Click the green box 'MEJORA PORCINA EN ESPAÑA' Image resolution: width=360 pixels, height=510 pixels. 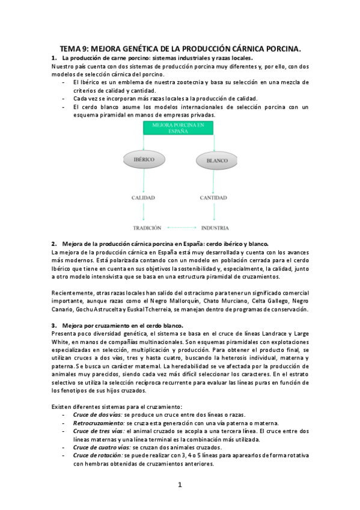[178, 127]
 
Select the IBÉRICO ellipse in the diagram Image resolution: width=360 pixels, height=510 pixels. [144, 160]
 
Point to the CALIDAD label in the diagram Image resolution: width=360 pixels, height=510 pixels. [144, 197]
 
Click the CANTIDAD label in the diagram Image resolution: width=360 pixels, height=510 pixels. [213, 197]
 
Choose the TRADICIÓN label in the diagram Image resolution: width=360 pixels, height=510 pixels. [147, 228]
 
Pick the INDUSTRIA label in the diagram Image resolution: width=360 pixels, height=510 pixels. [214, 228]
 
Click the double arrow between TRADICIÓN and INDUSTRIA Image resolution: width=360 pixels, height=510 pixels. [182, 228]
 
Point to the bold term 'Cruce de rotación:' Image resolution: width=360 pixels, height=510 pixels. [97, 455]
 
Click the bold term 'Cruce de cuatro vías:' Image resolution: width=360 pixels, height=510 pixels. [102, 447]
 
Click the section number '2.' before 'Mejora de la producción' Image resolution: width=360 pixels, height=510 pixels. [53, 244]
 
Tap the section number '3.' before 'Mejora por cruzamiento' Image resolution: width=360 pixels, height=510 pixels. [53, 325]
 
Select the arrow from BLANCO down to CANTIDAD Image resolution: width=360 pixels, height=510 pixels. [214, 180]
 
